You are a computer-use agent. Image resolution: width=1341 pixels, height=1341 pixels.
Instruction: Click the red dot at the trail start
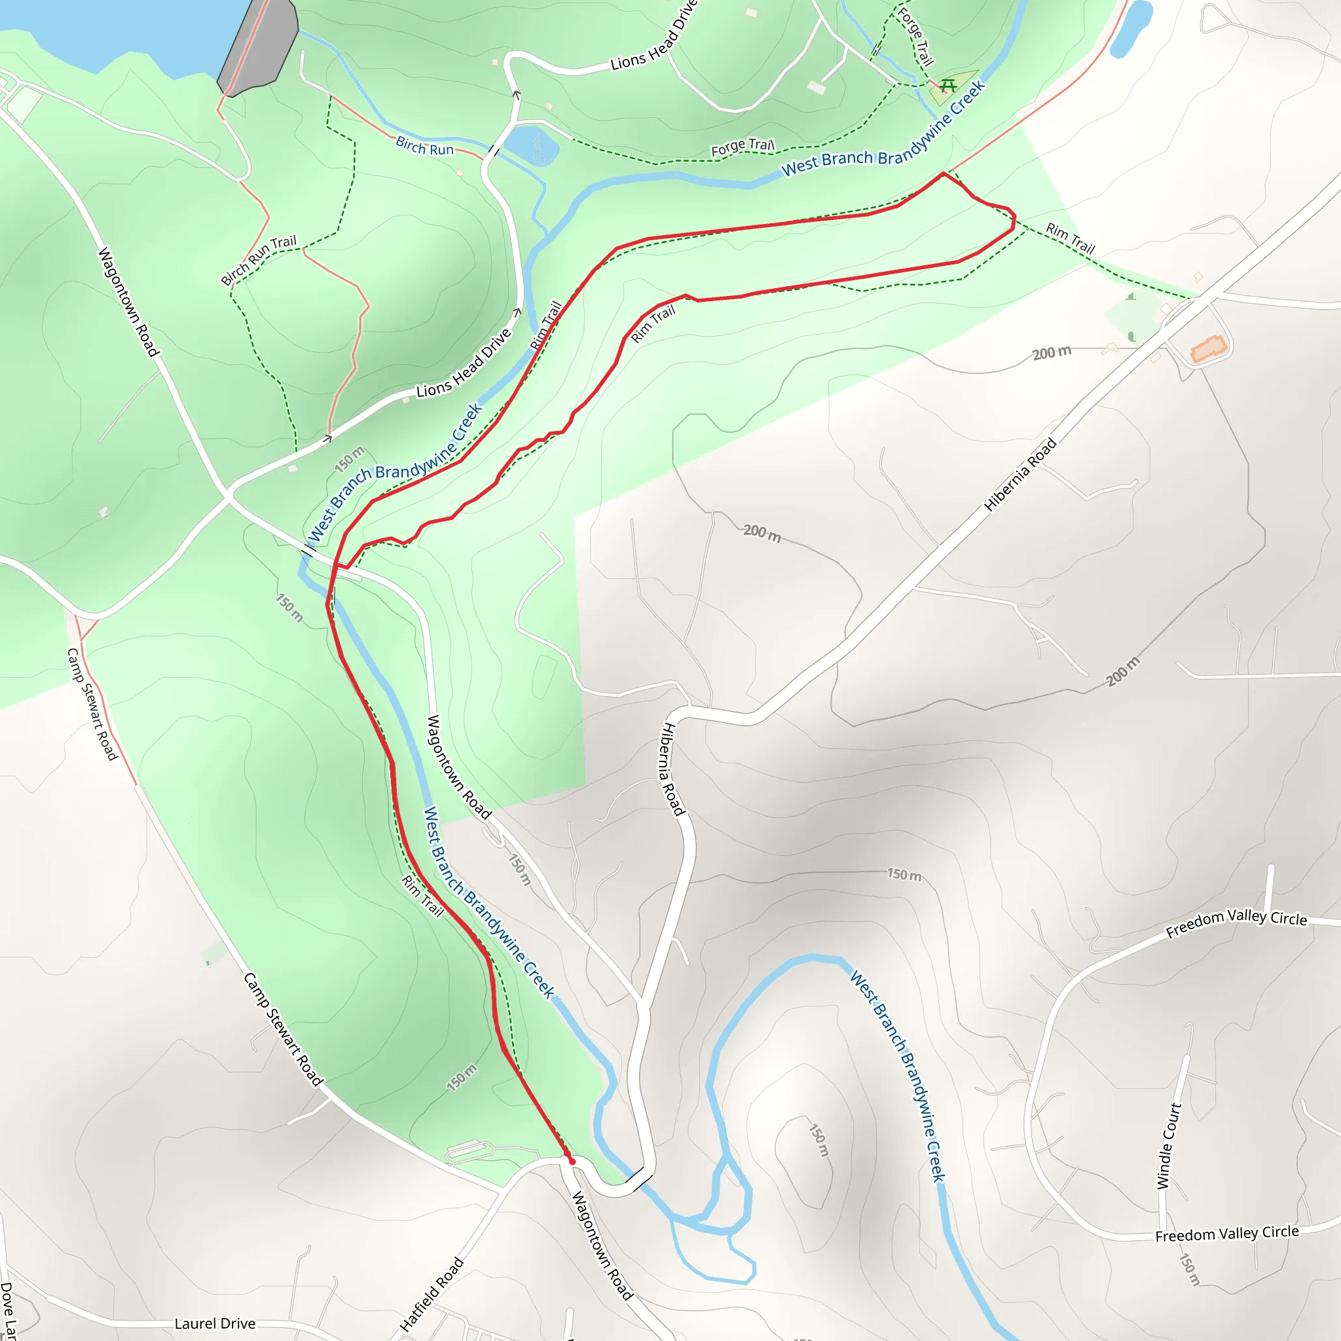tap(572, 1161)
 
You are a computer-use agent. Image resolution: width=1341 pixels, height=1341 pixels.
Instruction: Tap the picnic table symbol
tap(949, 86)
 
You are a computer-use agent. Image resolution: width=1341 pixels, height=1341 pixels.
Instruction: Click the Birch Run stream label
tap(425, 147)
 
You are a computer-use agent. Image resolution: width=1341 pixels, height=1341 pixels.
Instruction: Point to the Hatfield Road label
tap(431, 1295)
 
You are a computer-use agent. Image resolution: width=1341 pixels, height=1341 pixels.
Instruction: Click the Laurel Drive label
tap(215, 1323)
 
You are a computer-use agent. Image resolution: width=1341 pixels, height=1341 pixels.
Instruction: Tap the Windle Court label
tap(1169, 1146)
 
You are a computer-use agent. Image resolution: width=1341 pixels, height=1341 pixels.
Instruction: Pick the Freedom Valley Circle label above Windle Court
tap(1236, 923)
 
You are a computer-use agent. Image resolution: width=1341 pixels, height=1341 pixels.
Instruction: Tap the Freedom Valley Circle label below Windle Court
tap(1226, 1234)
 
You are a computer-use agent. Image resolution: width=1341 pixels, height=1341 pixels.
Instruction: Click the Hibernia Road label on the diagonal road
tap(1020, 475)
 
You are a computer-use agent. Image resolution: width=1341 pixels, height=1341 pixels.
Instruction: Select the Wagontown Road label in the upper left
tap(128, 302)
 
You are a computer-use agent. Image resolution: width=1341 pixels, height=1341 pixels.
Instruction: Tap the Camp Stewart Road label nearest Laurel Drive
tap(283, 1029)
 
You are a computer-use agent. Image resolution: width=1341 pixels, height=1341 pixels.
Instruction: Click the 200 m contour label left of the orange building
tap(1052, 354)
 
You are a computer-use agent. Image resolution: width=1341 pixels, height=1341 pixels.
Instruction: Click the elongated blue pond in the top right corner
tap(1131, 28)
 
